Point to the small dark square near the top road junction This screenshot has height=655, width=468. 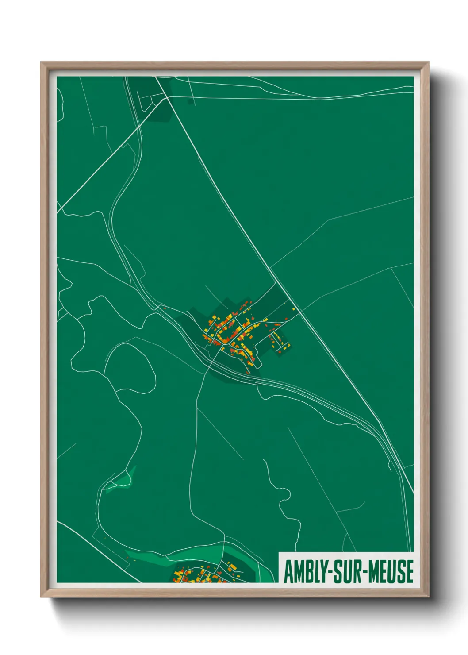pyautogui.click(x=190, y=102)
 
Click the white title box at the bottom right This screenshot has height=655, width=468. pyautogui.click(x=346, y=567)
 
